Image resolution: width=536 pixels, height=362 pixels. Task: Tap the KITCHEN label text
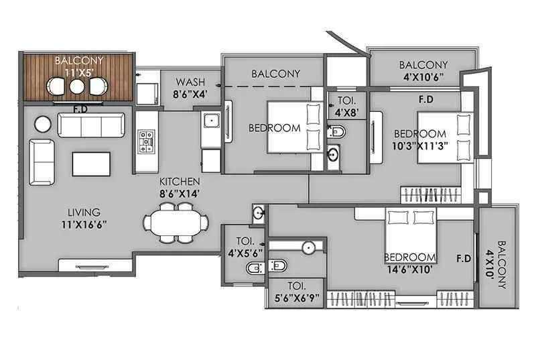(x=180, y=181)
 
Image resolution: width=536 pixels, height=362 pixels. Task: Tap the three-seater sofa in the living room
(x=90, y=125)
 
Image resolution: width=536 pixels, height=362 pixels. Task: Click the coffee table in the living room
(x=91, y=164)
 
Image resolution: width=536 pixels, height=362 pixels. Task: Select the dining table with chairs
(x=176, y=223)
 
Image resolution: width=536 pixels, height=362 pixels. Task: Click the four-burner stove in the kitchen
(x=146, y=141)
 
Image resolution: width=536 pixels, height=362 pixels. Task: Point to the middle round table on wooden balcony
(x=77, y=86)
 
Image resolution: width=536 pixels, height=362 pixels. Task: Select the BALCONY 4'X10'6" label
(x=423, y=70)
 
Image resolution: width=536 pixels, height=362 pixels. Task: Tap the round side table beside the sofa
(x=42, y=124)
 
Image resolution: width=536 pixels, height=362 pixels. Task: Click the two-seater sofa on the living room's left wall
(x=42, y=162)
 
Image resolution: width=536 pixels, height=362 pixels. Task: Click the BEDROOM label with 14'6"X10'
(x=410, y=257)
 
